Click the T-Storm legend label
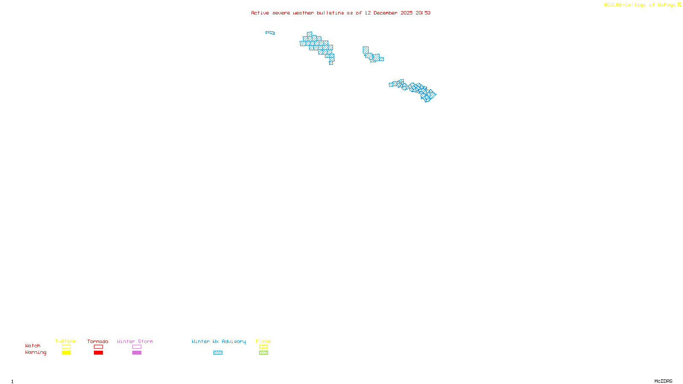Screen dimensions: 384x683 [x=66, y=341]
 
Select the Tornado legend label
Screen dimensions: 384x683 [x=98, y=341]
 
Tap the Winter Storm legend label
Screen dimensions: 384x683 [x=135, y=341]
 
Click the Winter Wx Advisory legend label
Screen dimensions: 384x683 [x=219, y=341]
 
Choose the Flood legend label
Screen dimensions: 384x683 [x=263, y=341]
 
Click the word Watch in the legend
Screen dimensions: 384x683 [x=33, y=346]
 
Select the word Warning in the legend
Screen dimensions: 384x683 [x=35, y=352]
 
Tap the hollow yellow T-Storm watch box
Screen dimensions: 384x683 [x=66, y=347]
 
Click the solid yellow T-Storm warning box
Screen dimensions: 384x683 [x=66, y=353]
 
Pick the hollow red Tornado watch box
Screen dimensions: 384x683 [x=98, y=347]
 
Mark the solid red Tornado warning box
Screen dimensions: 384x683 [x=98, y=353]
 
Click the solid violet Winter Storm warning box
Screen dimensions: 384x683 [x=137, y=353]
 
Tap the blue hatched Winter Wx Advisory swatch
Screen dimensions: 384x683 [x=218, y=353]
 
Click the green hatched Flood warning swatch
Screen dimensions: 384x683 [x=263, y=353]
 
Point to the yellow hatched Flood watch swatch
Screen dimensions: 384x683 [x=263, y=347]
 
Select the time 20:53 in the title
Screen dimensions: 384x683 [x=423, y=13]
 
